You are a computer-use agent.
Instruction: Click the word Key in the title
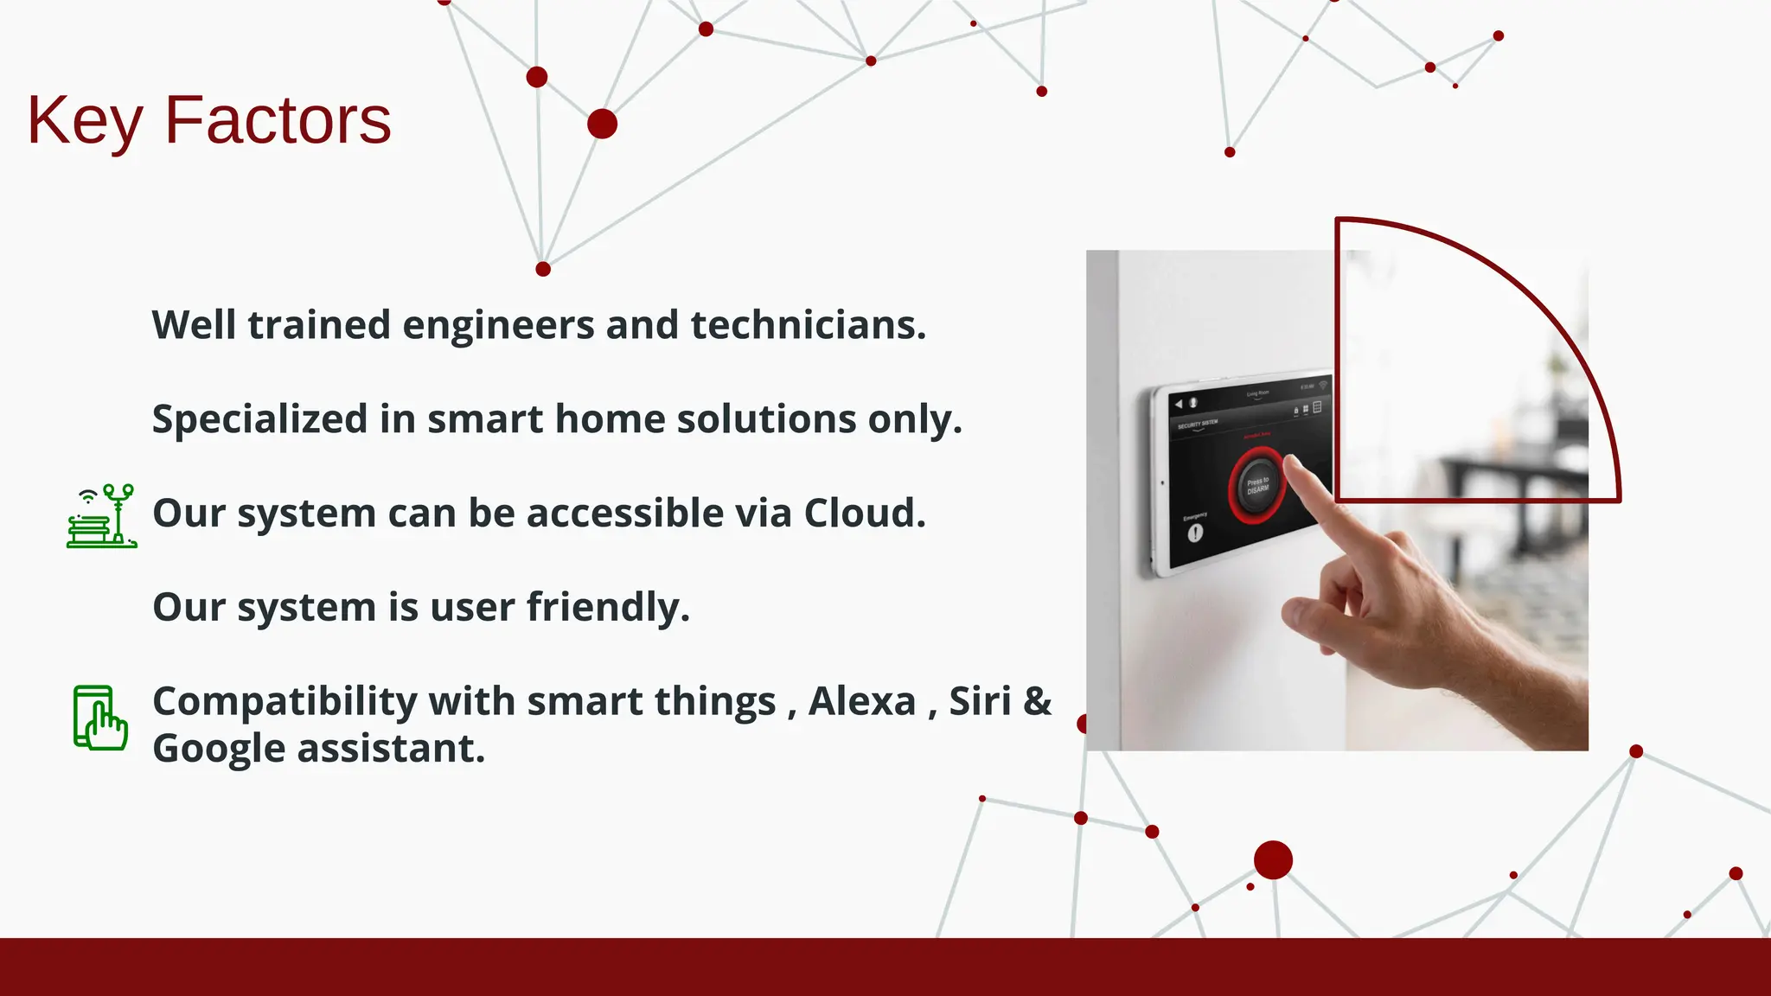pyautogui.click(x=84, y=121)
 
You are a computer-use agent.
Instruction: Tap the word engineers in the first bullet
pyautogui.click(x=498, y=326)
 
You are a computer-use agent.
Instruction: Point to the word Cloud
pyautogui.click(x=864, y=514)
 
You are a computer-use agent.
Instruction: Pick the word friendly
pyautogui.click(x=608, y=607)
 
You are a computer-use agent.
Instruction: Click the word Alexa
pyautogui.click(x=861, y=701)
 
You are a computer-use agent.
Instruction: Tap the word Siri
pyautogui.click(x=980, y=701)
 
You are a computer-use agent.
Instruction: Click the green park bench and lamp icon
pyautogui.click(x=101, y=516)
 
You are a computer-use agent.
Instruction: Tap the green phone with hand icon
pyautogui.click(x=100, y=718)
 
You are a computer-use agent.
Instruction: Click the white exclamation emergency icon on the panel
pyautogui.click(x=1195, y=533)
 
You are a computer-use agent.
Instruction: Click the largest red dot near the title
pyautogui.click(x=602, y=124)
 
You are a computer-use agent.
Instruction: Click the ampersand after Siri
pyautogui.click(x=1037, y=701)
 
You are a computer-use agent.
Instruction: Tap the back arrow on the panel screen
pyautogui.click(x=1178, y=405)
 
